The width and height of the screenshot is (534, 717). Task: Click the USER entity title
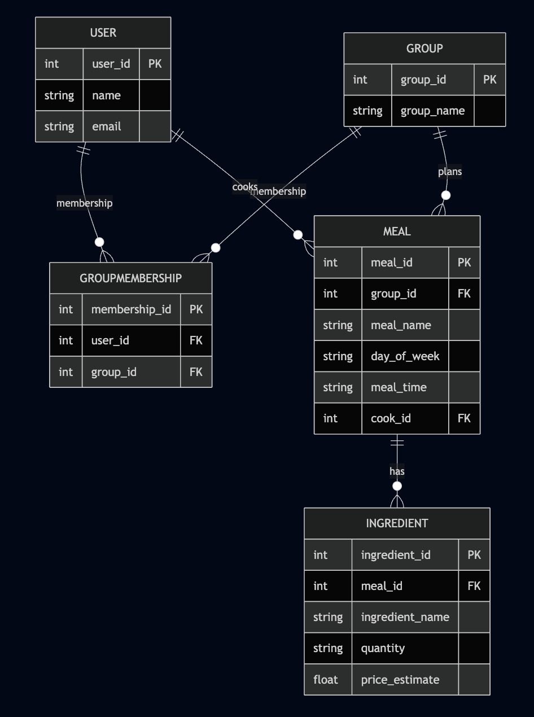click(x=103, y=33)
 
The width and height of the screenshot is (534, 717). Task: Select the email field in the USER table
click(x=107, y=126)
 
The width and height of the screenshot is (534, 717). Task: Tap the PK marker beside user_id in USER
click(x=155, y=64)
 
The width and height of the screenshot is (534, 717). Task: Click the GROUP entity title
click(x=424, y=49)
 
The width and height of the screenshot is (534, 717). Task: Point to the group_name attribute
click(x=432, y=111)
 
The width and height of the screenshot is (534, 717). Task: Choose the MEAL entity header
click(x=397, y=231)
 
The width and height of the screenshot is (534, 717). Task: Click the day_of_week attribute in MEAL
click(x=405, y=356)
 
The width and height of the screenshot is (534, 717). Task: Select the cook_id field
click(x=391, y=418)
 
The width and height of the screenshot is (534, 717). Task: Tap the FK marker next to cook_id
click(x=464, y=418)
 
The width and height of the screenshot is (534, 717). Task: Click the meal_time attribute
click(x=399, y=387)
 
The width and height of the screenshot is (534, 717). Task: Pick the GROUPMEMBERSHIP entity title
click(x=131, y=278)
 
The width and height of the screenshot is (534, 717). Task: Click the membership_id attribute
click(x=131, y=309)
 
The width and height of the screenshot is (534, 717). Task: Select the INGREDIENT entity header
click(x=397, y=523)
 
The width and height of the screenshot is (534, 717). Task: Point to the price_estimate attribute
click(x=400, y=680)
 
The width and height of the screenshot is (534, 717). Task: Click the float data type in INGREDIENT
click(x=326, y=680)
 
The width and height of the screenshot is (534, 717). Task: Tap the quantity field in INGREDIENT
click(x=383, y=648)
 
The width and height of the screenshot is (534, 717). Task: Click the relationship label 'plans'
click(x=450, y=172)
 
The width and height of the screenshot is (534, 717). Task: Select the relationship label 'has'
click(x=397, y=471)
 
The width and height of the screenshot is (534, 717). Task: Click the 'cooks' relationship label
click(x=244, y=187)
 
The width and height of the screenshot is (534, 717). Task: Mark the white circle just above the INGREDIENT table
click(x=397, y=486)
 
